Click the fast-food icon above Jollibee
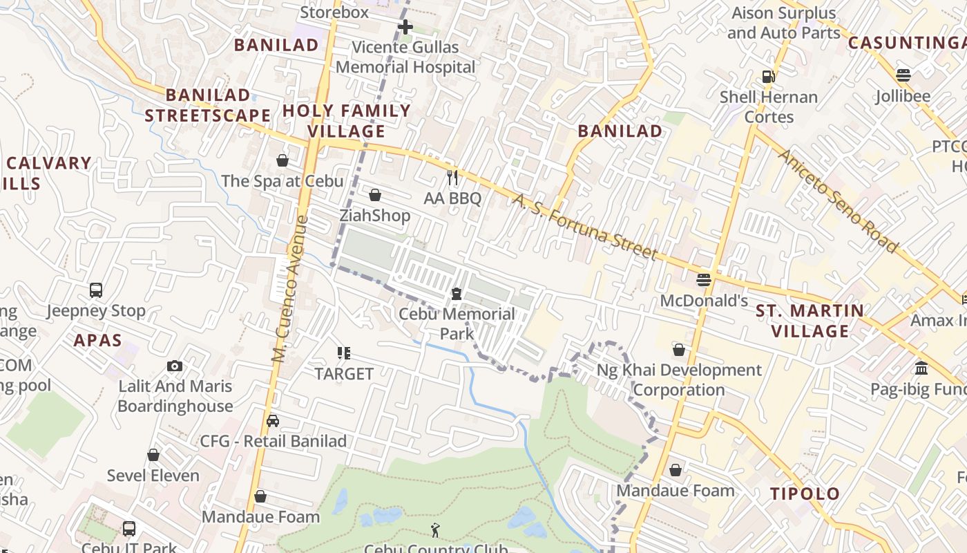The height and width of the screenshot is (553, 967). pyautogui.click(x=903, y=75)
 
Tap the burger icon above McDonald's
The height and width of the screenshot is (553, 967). pyautogui.click(x=704, y=280)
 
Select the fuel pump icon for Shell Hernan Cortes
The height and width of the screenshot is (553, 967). pyautogui.click(x=768, y=76)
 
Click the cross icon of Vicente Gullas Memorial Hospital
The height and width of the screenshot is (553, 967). pyautogui.click(x=405, y=27)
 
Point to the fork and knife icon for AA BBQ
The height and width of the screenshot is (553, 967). pyautogui.click(x=452, y=178)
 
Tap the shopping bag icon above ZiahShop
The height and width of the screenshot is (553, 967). pyautogui.click(x=375, y=195)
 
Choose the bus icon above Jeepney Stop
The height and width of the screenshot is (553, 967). pyautogui.click(x=96, y=290)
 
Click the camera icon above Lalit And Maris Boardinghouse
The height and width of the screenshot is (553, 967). pyautogui.click(x=175, y=366)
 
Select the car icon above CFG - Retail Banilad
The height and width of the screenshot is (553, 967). pyautogui.click(x=273, y=420)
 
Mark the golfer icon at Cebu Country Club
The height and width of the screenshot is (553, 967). pyautogui.click(x=435, y=530)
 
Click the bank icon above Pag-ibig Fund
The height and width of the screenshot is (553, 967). pyautogui.click(x=921, y=368)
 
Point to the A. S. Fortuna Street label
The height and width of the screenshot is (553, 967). pyautogui.click(x=585, y=227)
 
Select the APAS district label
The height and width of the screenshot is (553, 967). pyautogui.click(x=97, y=340)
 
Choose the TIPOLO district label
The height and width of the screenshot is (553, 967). pyautogui.click(x=805, y=494)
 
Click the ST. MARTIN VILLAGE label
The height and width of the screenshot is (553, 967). pyautogui.click(x=810, y=321)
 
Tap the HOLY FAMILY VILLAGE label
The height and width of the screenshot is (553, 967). pyautogui.click(x=346, y=121)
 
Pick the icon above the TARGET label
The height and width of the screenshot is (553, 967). pyautogui.click(x=344, y=353)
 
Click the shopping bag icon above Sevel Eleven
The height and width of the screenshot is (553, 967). pyautogui.click(x=153, y=455)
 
